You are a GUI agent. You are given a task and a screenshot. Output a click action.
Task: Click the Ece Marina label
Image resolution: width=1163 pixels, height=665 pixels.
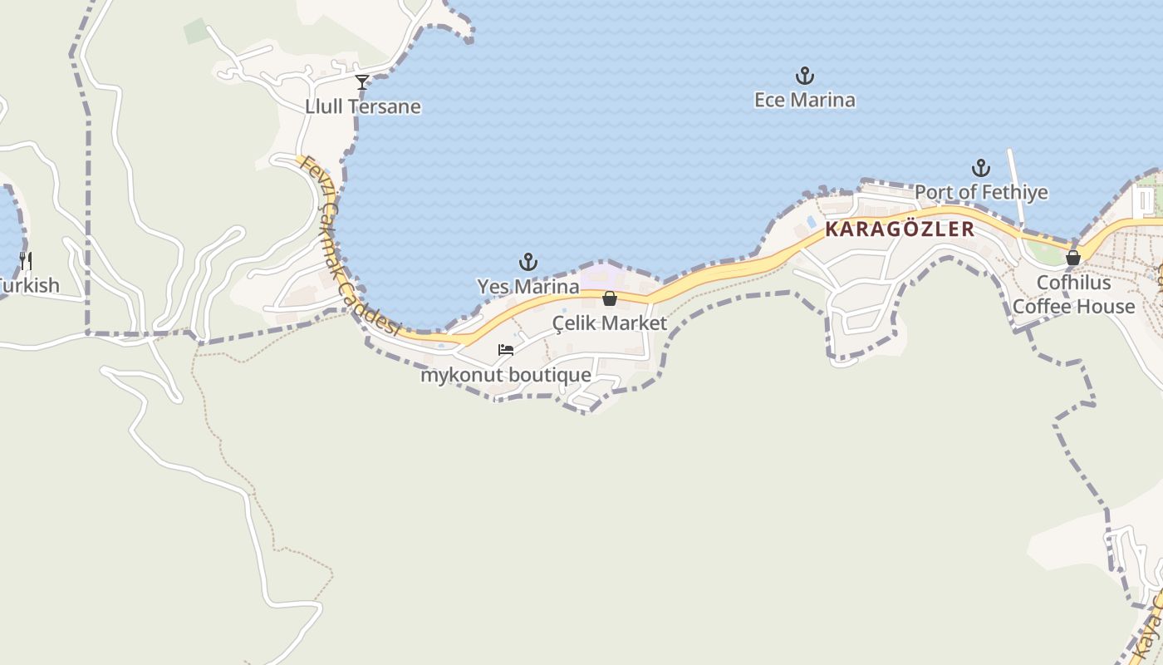click(804, 101)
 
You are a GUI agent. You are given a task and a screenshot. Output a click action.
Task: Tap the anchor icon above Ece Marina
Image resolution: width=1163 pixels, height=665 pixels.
click(804, 76)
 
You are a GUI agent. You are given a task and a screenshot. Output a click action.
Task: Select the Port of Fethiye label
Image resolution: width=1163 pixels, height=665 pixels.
click(981, 193)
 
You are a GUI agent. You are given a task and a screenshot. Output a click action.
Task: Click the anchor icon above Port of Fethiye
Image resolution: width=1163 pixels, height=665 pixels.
click(981, 169)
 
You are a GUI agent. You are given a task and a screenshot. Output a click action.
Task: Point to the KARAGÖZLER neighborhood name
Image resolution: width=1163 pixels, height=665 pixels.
click(900, 229)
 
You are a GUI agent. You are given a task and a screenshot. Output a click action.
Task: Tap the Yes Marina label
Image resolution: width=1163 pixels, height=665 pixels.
click(528, 287)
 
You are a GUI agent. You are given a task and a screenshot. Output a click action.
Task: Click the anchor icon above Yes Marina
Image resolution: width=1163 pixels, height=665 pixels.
click(528, 263)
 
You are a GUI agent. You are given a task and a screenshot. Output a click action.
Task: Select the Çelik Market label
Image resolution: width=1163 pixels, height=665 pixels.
click(610, 323)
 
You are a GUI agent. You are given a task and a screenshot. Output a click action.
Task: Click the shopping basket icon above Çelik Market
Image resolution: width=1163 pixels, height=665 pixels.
click(610, 298)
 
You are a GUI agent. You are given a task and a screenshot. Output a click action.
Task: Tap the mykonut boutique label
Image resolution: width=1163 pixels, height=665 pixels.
click(506, 375)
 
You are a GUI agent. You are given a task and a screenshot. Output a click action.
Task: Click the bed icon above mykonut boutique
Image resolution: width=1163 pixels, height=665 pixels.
click(506, 350)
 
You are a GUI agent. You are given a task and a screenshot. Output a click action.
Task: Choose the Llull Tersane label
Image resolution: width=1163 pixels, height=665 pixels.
click(363, 107)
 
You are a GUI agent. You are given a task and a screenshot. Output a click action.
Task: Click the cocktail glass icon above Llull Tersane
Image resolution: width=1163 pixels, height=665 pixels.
click(362, 82)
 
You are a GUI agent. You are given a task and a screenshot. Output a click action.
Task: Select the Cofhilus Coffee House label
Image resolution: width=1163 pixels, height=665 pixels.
click(1073, 295)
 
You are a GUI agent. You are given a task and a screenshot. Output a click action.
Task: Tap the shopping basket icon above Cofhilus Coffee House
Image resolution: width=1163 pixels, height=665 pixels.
click(1073, 258)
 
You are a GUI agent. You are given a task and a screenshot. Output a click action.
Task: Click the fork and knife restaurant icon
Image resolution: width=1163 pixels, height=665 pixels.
click(26, 261)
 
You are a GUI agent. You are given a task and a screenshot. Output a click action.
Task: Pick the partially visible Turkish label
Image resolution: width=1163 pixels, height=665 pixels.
click(30, 286)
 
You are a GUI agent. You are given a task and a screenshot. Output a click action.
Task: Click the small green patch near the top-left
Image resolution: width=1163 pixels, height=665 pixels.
click(196, 31)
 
